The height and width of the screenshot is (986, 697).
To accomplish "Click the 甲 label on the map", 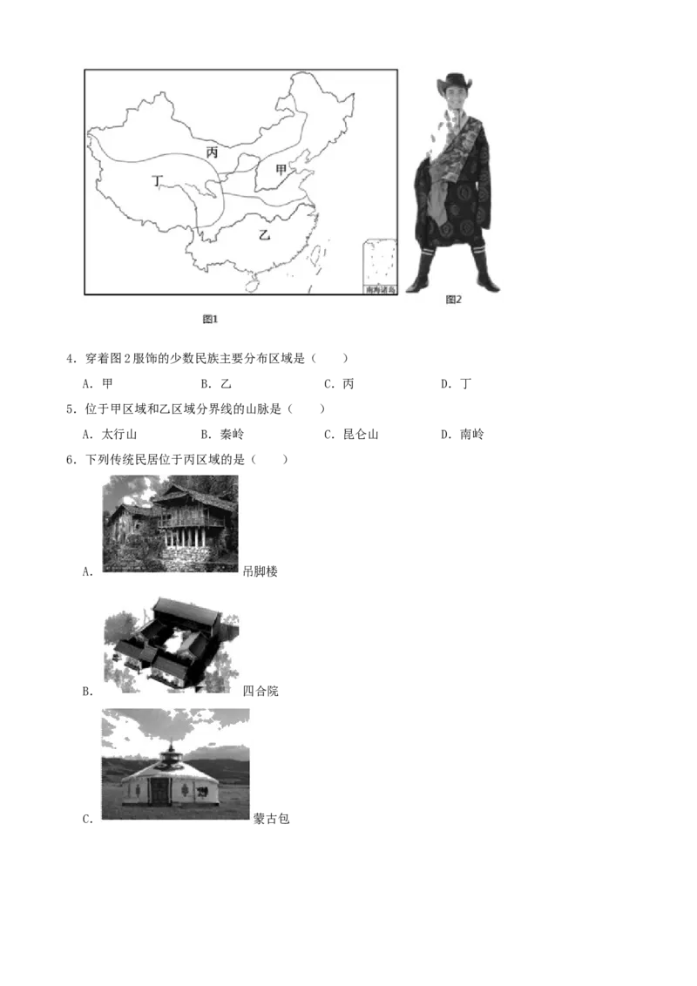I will pyautogui.click(x=281, y=169).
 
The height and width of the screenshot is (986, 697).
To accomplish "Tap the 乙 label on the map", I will pyautogui.click(x=265, y=234).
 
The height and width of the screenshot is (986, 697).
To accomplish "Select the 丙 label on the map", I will pyautogui.click(x=212, y=152).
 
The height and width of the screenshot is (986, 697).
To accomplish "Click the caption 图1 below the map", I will pyautogui.click(x=210, y=319).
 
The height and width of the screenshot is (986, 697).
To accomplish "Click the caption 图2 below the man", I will pyautogui.click(x=453, y=300).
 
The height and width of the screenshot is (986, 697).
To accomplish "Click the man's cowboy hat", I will pyautogui.click(x=453, y=83).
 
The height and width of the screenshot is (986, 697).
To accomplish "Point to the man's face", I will pyautogui.click(x=452, y=101).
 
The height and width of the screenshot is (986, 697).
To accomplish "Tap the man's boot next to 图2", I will pyautogui.click(x=486, y=272).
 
